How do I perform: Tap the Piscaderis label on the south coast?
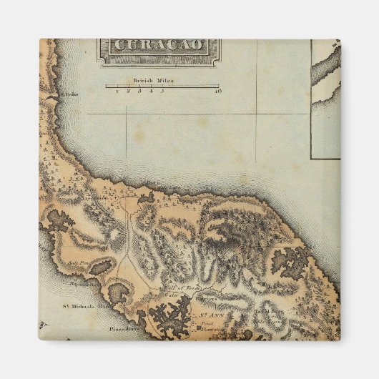click(x=123, y=331)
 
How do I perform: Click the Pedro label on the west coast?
click(x=69, y=94)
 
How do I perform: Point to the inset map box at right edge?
click(x=325, y=100)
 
